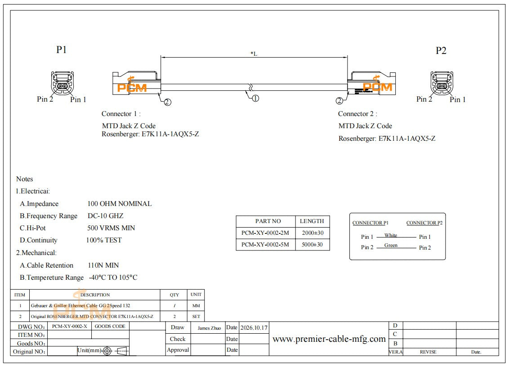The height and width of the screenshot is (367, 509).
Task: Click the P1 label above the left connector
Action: (61, 49)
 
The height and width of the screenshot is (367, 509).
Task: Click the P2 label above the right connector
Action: (441, 51)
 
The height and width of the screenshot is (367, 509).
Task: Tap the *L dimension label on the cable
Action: (254, 54)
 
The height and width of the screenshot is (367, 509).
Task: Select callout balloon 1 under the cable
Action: (255, 98)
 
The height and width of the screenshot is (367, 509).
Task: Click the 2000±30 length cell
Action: (313, 233)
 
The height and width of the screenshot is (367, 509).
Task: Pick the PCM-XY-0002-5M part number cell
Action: (265, 245)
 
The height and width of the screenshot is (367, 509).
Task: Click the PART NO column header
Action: (268, 221)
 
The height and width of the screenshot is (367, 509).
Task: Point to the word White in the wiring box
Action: (391, 235)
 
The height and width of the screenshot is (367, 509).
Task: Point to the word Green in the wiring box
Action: (391, 245)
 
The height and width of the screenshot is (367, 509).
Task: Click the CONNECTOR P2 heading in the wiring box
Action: (424, 223)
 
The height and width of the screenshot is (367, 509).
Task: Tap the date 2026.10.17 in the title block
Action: (254, 328)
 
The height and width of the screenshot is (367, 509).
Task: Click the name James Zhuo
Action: (209, 328)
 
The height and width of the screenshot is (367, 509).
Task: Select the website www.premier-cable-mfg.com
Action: (329, 339)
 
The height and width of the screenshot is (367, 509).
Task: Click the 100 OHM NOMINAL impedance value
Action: (120, 204)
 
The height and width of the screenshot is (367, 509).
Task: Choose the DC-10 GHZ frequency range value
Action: (106, 215)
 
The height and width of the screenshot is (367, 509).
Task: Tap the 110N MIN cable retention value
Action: (103, 265)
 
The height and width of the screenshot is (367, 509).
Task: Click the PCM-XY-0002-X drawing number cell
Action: (69, 326)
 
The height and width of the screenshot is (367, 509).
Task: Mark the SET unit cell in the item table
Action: (196, 316)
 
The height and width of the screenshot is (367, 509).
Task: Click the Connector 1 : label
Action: (121, 114)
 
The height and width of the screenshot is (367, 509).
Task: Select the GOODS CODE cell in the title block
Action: (110, 326)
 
